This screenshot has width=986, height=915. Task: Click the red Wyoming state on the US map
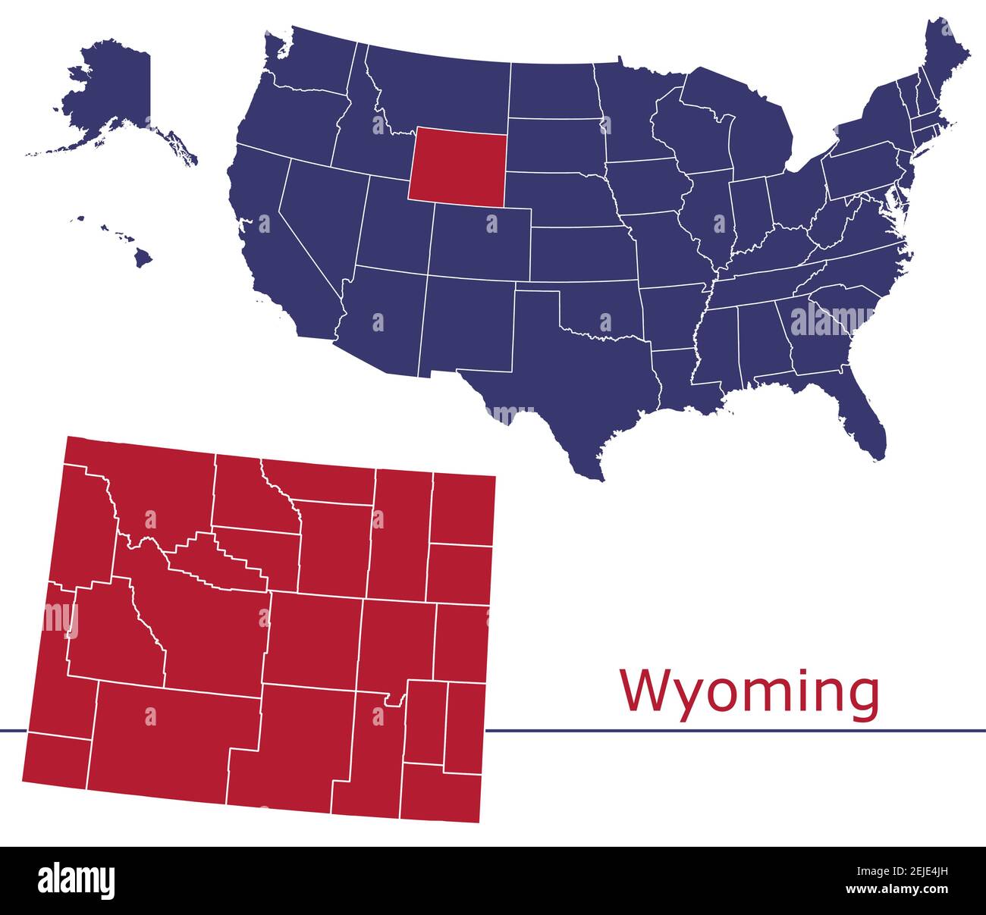(x=457, y=165)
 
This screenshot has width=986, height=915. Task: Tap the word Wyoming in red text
(x=750, y=691)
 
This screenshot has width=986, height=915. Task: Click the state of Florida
(x=865, y=425)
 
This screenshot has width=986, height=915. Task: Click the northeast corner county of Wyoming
(x=462, y=509)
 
